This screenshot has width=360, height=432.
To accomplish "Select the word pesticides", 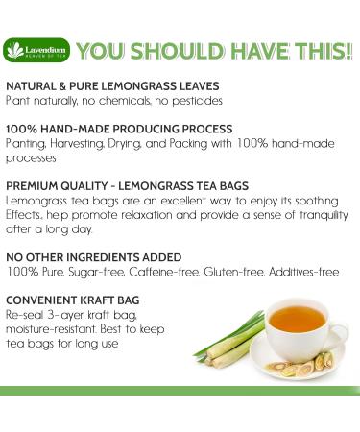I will [x=196, y=100].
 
